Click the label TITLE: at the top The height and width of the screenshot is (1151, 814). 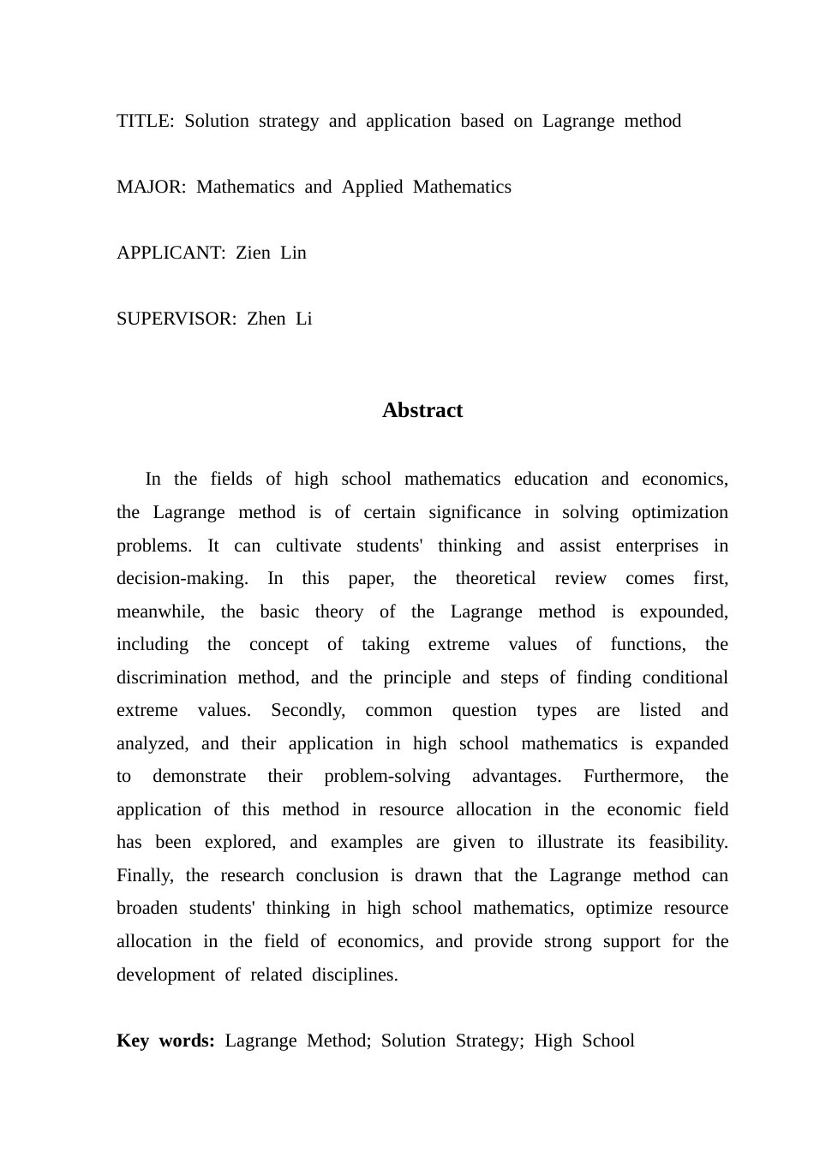point(145,121)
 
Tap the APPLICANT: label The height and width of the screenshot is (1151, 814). point(171,253)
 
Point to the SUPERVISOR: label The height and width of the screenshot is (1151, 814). point(177,319)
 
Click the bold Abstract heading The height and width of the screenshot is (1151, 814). point(422,410)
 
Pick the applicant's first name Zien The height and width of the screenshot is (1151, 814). point(253,253)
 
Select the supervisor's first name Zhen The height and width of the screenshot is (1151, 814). point(266,319)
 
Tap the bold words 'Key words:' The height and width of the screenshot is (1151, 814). point(165,1041)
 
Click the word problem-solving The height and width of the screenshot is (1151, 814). point(387,776)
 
